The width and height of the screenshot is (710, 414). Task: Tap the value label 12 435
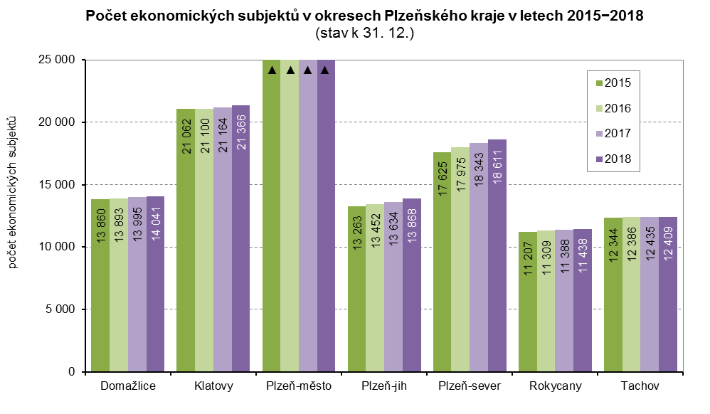pos(650,260)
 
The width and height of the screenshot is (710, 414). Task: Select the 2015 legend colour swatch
pos(599,83)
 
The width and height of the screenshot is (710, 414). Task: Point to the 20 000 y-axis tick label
pos(56,122)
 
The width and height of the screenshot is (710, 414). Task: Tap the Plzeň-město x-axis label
pos(298,386)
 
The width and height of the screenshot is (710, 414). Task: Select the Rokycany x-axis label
pos(555,386)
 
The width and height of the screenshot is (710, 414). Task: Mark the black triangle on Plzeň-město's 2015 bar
pos(272,70)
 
